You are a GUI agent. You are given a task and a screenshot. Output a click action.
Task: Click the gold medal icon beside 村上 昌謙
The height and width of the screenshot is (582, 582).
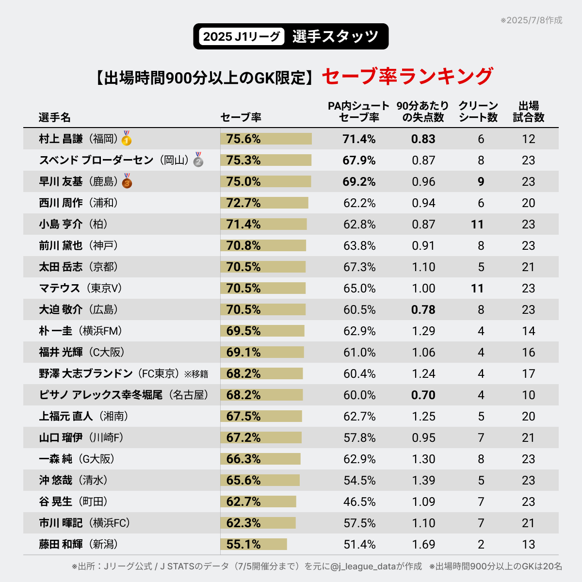coord(127,139)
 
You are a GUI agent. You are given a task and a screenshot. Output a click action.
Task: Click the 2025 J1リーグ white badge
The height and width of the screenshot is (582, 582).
coord(242,37)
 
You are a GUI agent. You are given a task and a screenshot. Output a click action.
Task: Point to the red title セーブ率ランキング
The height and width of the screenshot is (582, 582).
coord(407,77)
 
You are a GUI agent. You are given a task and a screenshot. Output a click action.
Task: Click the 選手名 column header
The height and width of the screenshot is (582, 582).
coord(55,117)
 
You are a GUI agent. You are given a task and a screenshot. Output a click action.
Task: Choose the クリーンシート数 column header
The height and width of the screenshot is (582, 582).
coord(478,112)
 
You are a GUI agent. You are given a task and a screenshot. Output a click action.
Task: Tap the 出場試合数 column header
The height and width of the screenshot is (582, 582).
coord(529,112)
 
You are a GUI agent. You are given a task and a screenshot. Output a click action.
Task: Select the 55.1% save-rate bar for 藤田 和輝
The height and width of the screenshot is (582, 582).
coord(254,544)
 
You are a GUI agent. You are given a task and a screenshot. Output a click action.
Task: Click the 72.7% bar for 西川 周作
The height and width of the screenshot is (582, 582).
coord(264,203)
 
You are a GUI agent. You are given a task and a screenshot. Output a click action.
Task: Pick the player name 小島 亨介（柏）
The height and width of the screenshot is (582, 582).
coord(73,224)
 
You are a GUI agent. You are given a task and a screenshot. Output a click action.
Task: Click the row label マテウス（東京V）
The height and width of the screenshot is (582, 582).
coord(81,288)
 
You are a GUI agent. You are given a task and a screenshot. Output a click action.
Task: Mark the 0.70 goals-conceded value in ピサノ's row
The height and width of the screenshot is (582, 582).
coord(423,395)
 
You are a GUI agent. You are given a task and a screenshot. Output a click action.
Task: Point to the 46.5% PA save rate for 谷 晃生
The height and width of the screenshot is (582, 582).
coord(359,501)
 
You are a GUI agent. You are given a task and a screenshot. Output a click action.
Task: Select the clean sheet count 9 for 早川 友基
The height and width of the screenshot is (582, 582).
coord(481,181)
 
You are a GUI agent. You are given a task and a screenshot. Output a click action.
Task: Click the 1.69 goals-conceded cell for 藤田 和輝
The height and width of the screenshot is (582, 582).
coord(423,544)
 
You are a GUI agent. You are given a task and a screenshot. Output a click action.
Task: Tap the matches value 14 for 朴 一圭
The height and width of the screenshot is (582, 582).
coord(529,331)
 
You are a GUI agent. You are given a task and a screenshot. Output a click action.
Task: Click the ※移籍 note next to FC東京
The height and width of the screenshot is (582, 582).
coord(196,374)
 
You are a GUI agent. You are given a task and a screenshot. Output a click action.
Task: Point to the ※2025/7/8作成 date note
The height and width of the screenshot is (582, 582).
coord(531,20)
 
